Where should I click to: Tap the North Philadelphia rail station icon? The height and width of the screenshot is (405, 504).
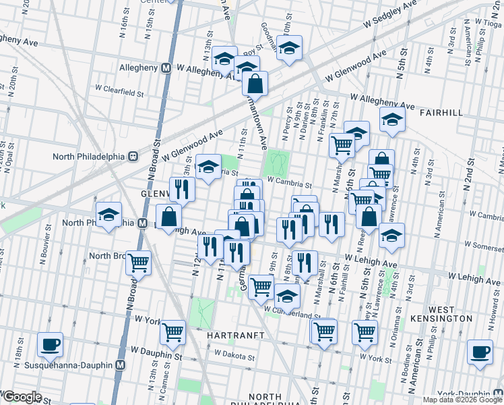tap(133, 156)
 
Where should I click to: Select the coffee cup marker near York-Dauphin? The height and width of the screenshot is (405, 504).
tap(480, 352)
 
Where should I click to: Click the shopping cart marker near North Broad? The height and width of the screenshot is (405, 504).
tap(139, 262)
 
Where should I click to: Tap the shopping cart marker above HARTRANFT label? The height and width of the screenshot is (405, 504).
tap(173, 331)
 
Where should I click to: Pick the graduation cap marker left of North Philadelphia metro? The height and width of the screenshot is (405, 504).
tap(108, 215)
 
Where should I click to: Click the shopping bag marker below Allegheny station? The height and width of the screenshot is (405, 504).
tap(255, 84)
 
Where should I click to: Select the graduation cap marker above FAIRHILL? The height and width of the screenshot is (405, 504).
tap(391, 119)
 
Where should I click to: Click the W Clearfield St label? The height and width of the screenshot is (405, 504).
tap(120, 88)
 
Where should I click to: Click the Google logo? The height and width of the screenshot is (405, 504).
tap(22, 397)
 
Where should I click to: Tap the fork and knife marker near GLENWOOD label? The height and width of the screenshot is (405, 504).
tap(181, 189)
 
